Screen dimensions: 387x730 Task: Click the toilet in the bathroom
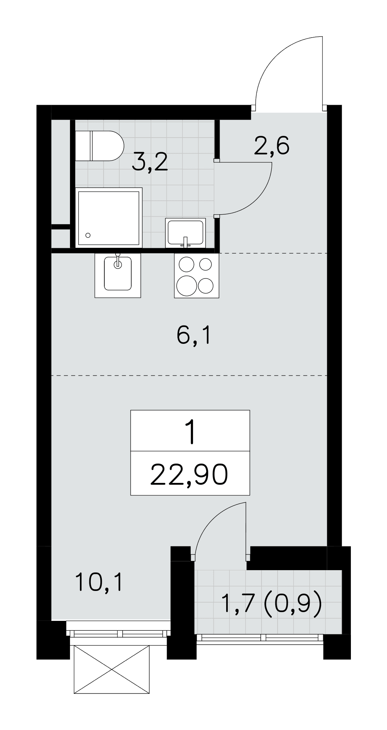(x=99, y=146)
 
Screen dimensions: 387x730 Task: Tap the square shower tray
(x=108, y=218)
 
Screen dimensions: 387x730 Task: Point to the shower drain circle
(x=88, y=235)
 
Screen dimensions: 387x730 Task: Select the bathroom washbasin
(x=186, y=233)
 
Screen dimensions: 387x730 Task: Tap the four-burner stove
(x=197, y=276)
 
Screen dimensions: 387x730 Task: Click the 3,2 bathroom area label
(x=150, y=163)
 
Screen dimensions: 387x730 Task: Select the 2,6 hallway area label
(x=272, y=146)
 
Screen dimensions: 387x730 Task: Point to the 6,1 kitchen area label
(x=193, y=336)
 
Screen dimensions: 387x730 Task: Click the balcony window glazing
(x=260, y=638)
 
